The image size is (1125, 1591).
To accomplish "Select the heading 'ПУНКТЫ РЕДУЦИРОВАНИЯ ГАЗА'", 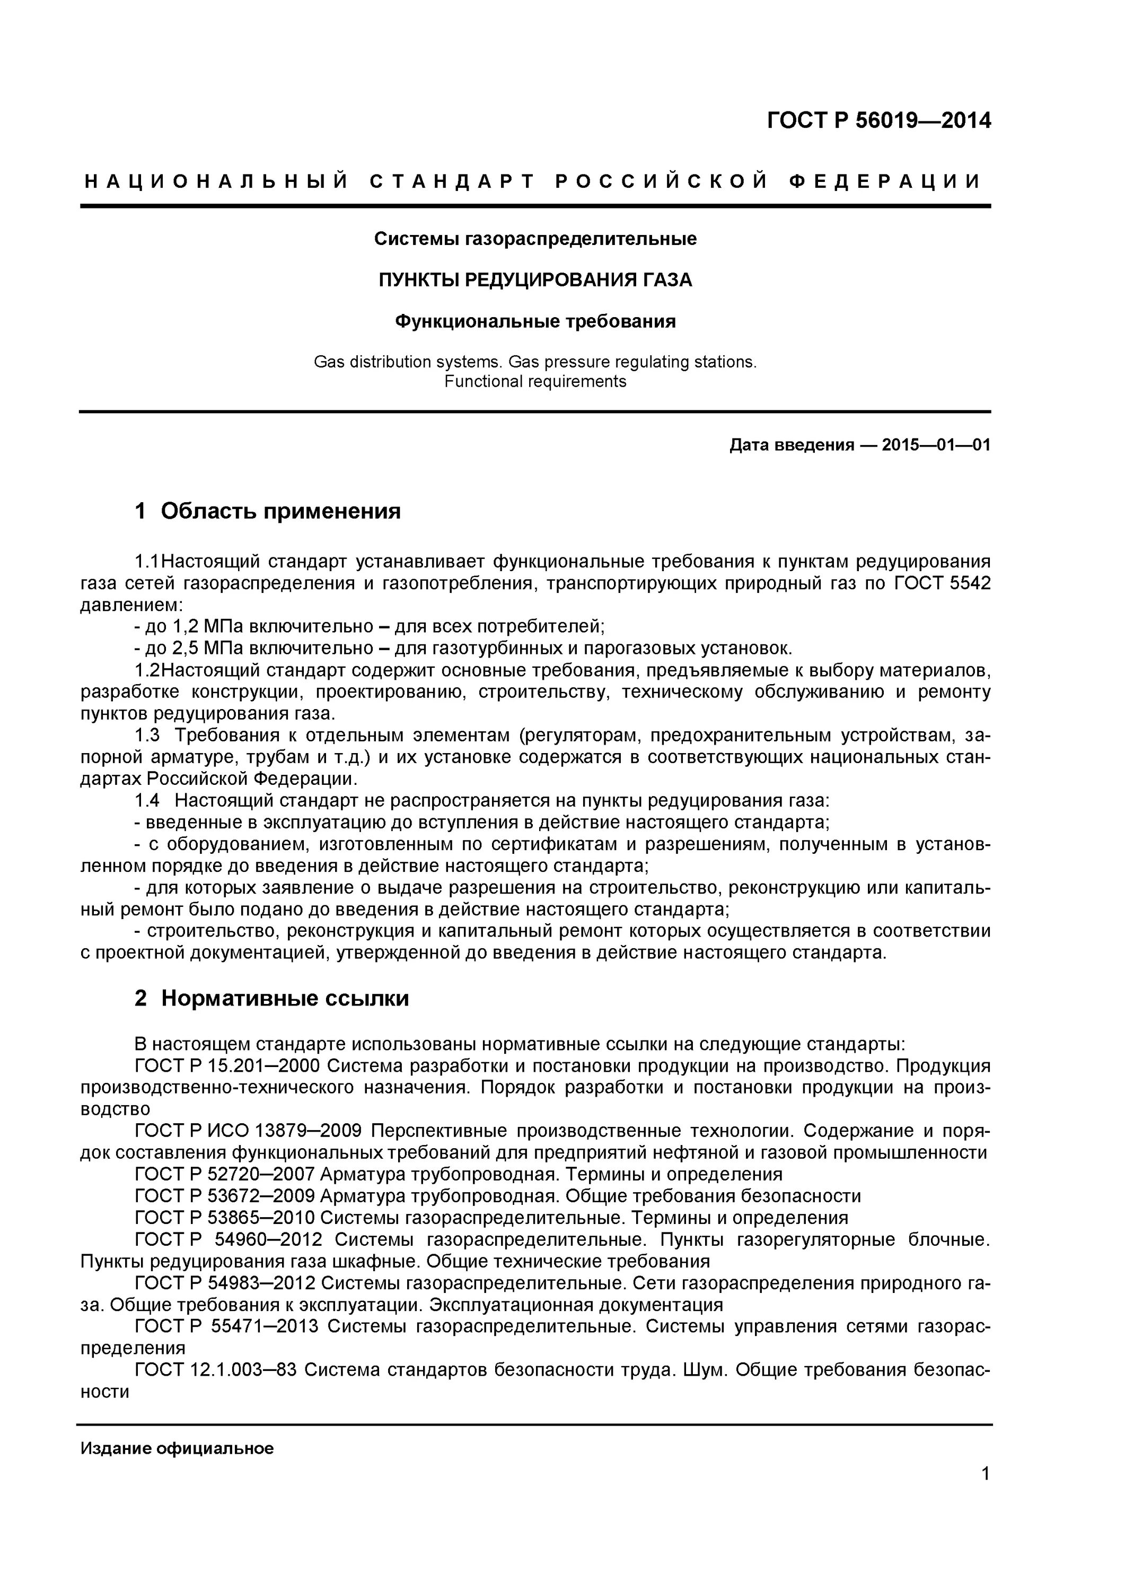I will tap(535, 280).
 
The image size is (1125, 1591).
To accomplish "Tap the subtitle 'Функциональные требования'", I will tap(535, 321).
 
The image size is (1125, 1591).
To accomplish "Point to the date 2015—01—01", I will tap(936, 445).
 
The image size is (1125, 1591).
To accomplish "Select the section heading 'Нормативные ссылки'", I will tap(285, 998).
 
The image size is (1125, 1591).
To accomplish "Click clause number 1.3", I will tap(147, 735).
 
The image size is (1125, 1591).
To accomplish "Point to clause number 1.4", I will tap(147, 800).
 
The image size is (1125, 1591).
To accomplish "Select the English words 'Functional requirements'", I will tap(535, 382).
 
